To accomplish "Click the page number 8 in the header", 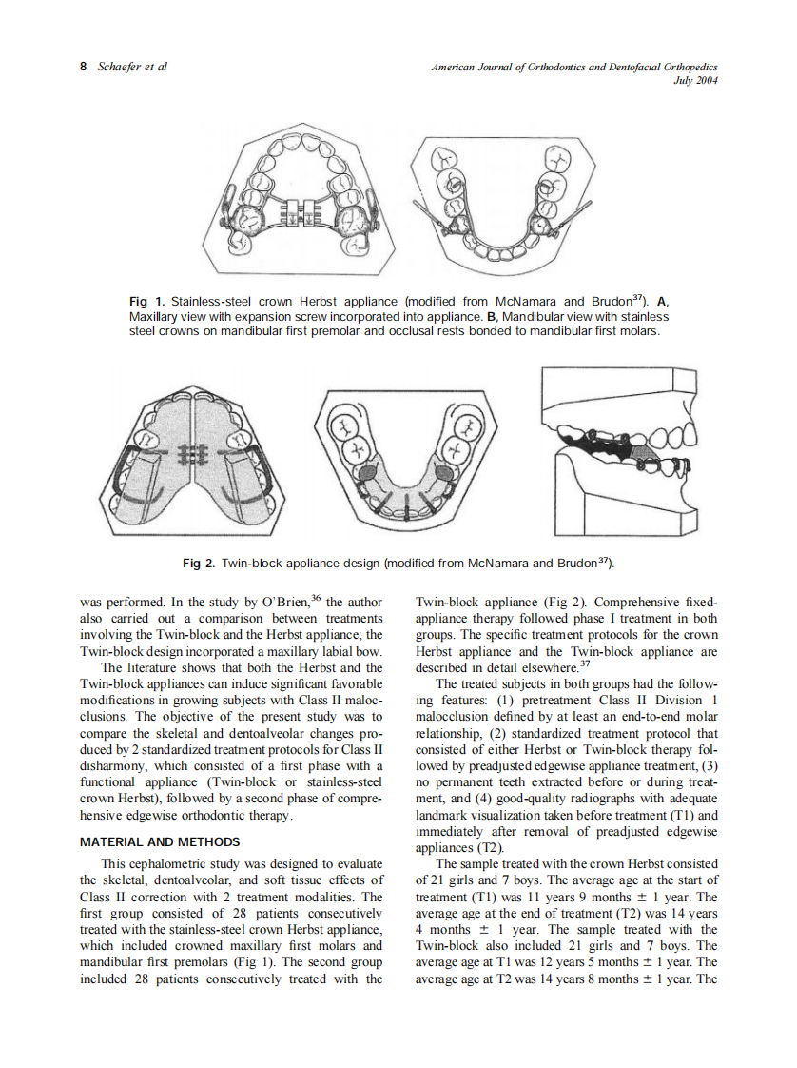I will (84, 67).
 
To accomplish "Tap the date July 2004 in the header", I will (694, 81).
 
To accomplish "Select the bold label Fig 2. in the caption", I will (199, 564).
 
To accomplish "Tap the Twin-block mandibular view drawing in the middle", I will (405, 453).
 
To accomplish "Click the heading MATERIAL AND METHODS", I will (160, 842).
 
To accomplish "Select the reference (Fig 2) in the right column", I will (565, 603).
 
